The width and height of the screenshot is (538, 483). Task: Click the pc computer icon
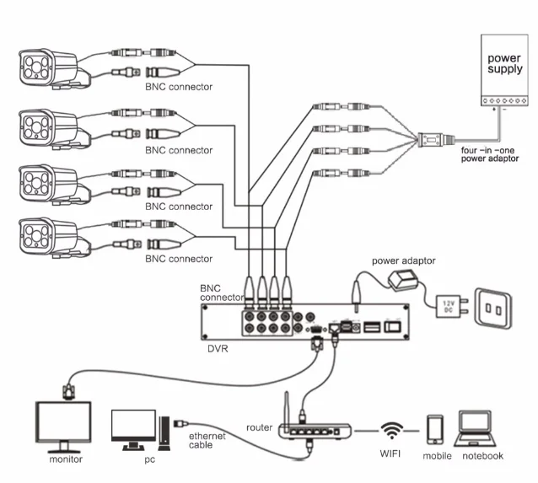(134, 429)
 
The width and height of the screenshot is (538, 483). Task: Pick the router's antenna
(287, 409)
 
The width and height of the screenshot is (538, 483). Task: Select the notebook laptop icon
(482, 429)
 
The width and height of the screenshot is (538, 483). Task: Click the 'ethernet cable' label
(201, 440)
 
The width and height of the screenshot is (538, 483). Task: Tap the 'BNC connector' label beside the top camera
(179, 87)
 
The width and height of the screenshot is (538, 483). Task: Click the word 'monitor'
(66, 459)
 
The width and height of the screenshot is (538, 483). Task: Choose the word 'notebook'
(482, 456)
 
